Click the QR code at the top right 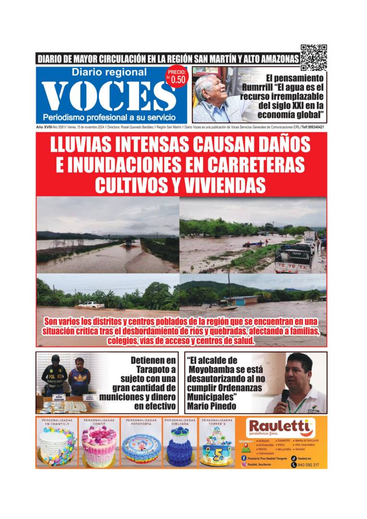tap(314, 58)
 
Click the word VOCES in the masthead tap(109, 96)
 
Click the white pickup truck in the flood tap(91, 305)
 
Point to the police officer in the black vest tap(54, 376)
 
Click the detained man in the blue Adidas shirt tap(80, 378)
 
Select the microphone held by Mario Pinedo tap(284, 397)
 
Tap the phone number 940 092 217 tap(308, 465)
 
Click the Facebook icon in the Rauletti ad tap(244, 458)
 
